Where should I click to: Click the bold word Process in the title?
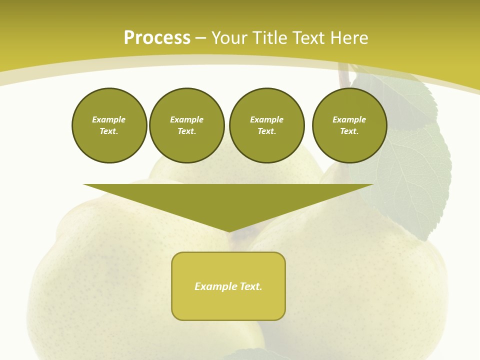click(157, 38)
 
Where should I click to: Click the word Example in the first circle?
click(109, 119)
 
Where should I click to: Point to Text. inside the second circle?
click(187, 131)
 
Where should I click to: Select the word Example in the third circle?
click(267, 119)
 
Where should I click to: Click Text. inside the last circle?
click(349, 131)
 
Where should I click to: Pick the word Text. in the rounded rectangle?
click(250, 286)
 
